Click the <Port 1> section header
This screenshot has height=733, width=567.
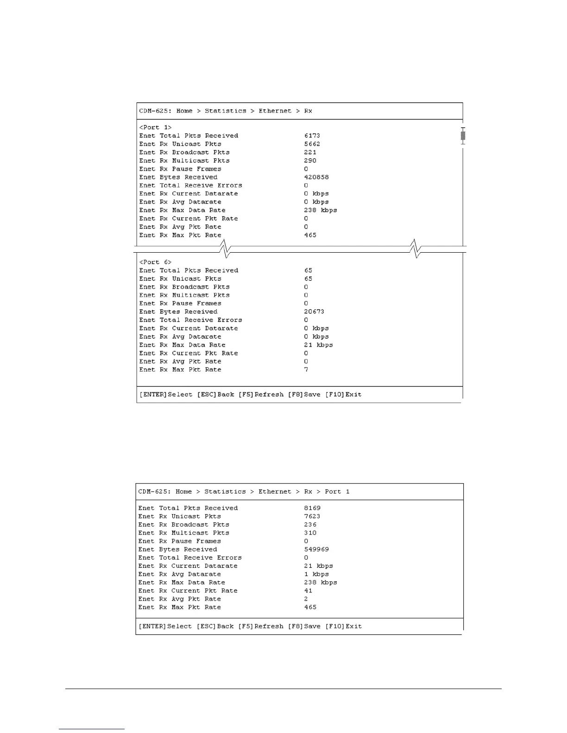click(x=155, y=127)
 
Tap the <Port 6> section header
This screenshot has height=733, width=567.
click(x=155, y=262)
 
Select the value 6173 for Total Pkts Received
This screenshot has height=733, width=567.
click(x=312, y=136)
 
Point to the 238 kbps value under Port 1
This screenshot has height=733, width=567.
click(x=320, y=210)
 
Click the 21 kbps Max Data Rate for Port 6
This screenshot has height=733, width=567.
click(x=318, y=345)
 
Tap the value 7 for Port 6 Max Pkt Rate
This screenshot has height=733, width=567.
click(x=306, y=370)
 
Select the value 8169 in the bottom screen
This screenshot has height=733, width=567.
click(x=312, y=508)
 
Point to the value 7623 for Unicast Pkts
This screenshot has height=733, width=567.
click(x=312, y=516)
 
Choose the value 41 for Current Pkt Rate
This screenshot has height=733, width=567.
click(x=308, y=591)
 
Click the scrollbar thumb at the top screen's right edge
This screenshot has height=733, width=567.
click(x=463, y=136)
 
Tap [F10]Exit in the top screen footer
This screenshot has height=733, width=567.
click(x=343, y=395)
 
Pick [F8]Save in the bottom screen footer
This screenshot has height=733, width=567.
click(x=304, y=627)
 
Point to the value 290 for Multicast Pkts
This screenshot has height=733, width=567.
click(x=310, y=161)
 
